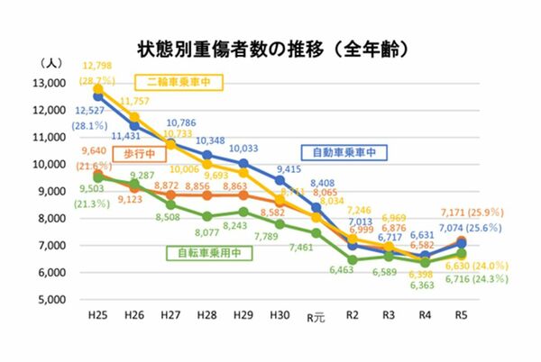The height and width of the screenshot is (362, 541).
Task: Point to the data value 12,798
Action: click(x=97, y=68)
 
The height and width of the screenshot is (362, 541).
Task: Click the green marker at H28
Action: click(x=206, y=216)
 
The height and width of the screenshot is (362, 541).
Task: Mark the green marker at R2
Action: click(x=354, y=259)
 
